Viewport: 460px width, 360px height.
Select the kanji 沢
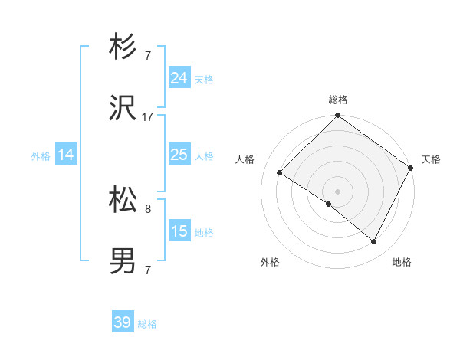pos(123,110)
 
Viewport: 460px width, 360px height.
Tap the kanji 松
pos(123,201)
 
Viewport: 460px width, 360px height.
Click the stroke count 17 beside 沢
pos(148,117)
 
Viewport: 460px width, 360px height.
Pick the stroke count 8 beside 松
pos(148,208)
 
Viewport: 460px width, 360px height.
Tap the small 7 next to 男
pos(148,270)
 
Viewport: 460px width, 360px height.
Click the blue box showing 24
pos(179,78)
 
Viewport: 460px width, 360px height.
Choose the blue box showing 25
pos(179,155)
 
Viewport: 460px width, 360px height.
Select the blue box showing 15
pos(179,231)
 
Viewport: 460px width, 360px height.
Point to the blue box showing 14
pos(66,155)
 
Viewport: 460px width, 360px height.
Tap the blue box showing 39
pos(123,323)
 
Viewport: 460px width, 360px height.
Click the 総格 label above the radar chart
pos(338,100)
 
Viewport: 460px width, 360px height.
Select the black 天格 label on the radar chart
pos(431,159)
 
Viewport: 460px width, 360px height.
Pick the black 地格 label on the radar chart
pos(402,263)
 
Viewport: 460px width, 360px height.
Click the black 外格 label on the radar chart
pos(270,263)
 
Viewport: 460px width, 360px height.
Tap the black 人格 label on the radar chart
pos(245,159)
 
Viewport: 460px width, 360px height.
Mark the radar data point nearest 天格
pos(410,168)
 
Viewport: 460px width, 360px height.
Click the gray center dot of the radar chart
pos(337,191)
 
